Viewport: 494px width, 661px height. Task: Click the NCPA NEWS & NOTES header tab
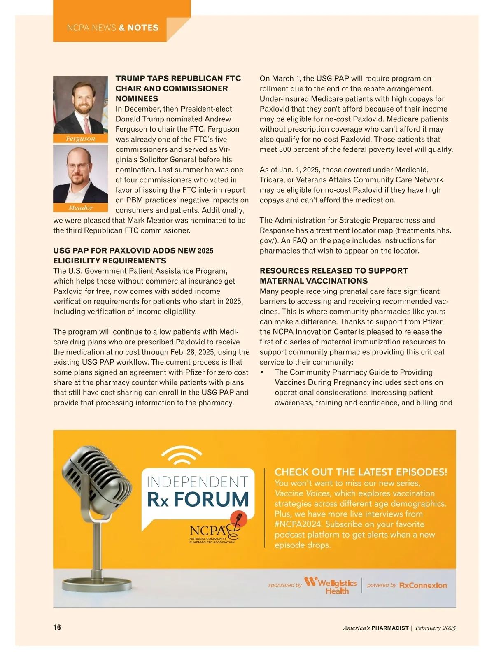[112, 28]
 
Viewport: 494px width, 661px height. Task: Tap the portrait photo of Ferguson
[80, 105]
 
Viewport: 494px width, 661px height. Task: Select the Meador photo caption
[80, 208]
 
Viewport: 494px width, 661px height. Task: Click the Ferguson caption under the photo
[80, 139]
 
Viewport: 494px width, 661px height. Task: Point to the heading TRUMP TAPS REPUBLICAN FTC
[178, 78]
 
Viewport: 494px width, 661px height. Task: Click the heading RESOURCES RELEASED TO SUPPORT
[333, 271]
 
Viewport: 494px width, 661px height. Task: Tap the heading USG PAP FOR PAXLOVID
[133, 251]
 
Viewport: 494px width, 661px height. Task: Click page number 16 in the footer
[57, 627]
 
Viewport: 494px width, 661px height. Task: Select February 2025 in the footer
[435, 628]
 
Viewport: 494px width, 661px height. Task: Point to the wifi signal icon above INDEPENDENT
[181, 456]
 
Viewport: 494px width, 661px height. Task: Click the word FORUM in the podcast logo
[211, 499]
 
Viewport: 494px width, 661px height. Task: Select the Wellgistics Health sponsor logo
[331, 585]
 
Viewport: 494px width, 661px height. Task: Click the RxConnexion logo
[423, 585]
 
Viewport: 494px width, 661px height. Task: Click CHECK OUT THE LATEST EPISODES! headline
[361, 472]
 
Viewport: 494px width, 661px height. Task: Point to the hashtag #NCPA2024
[298, 524]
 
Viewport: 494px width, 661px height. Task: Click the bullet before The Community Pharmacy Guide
[262, 372]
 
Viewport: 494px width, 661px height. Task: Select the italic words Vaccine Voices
[302, 493]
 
